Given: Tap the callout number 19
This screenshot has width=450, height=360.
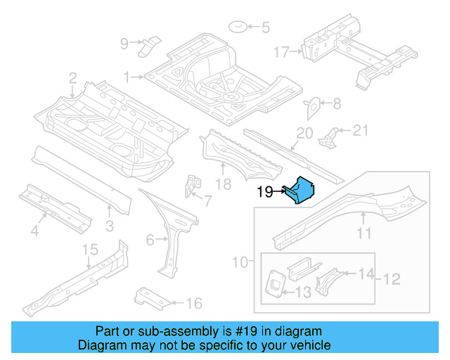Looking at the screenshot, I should [x=264, y=191].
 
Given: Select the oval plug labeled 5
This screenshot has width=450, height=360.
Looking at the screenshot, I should [x=238, y=28].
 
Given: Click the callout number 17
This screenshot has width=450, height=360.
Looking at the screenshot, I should [x=281, y=52].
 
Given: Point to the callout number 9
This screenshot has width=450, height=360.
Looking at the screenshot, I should [x=124, y=44].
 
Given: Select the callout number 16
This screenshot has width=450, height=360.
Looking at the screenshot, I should [x=194, y=304].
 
